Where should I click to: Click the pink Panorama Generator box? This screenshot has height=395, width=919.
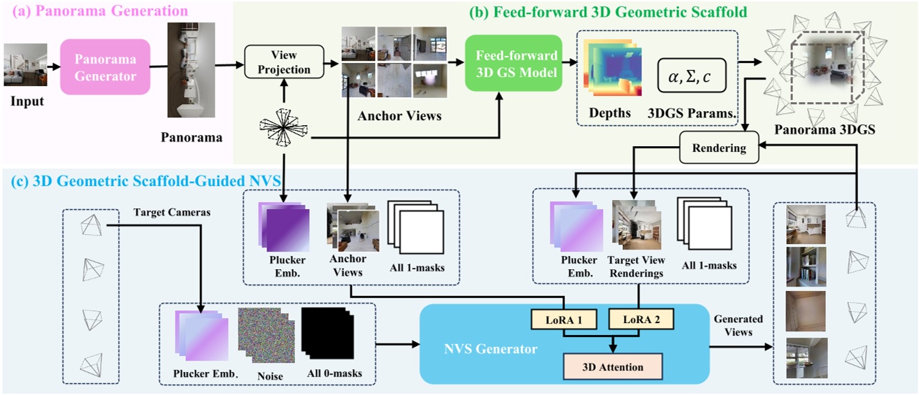[x=105, y=66]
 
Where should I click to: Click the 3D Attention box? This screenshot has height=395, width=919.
[x=613, y=366]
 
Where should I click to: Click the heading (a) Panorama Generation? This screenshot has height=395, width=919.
[x=97, y=11]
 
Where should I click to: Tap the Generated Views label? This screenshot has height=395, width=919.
[x=738, y=325]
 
